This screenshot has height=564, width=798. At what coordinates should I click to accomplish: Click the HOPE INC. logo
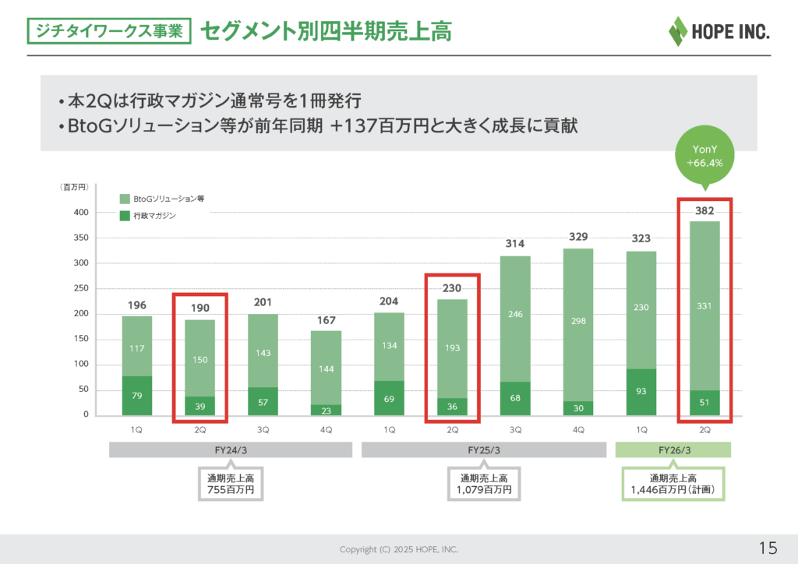click(718, 31)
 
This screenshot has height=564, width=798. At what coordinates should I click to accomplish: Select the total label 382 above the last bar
click(704, 210)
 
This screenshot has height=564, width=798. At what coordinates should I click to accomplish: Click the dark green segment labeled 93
click(641, 392)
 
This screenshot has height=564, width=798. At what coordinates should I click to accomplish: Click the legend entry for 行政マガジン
click(149, 215)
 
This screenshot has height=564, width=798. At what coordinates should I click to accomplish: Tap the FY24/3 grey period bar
click(231, 449)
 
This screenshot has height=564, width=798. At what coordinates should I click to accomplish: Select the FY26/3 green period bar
click(673, 449)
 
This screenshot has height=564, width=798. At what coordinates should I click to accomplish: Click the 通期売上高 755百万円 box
click(231, 484)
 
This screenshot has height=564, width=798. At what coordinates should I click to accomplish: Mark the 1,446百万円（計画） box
click(673, 484)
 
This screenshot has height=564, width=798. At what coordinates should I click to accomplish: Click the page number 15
click(767, 546)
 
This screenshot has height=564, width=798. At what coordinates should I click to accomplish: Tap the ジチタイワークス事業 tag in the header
click(109, 31)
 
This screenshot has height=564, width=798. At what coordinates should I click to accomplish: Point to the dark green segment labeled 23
click(326, 410)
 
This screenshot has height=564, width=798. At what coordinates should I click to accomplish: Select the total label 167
click(326, 321)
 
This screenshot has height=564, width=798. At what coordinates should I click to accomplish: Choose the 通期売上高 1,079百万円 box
click(484, 484)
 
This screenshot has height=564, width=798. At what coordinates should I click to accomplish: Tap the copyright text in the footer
click(399, 549)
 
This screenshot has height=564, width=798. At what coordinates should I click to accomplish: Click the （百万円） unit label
click(76, 188)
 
